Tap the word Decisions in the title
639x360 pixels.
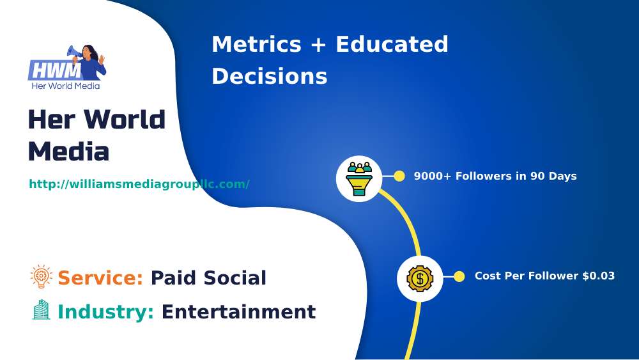269,76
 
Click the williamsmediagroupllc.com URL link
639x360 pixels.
139,184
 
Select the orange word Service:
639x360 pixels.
100,278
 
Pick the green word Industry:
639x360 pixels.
105,311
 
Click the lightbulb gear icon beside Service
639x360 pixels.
42,277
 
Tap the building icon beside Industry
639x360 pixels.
41,310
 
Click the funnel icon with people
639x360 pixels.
359,178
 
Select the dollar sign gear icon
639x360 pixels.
420,278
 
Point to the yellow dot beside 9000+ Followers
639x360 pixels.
399,176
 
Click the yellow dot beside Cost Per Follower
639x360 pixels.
459,276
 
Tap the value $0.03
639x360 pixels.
598,276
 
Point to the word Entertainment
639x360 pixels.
238,311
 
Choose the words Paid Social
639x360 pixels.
208,278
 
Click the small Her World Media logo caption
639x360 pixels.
65,86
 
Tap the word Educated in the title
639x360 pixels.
392,45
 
